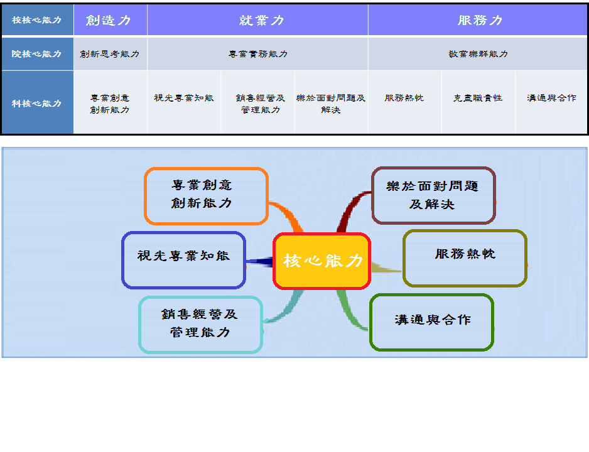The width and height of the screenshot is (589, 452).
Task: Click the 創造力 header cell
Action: click(x=111, y=20)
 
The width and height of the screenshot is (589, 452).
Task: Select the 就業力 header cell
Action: click(x=257, y=20)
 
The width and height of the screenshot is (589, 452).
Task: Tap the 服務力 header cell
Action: click(x=478, y=20)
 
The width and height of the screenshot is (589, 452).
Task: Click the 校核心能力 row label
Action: click(x=37, y=20)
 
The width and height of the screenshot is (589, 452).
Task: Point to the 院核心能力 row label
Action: click(x=37, y=54)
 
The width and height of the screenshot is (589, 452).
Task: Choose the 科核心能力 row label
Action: click(x=37, y=102)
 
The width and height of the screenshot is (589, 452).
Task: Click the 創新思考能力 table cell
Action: click(x=111, y=54)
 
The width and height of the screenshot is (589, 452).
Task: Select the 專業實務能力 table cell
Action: click(x=257, y=54)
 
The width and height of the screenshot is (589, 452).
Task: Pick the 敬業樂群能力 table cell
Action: click(x=478, y=54)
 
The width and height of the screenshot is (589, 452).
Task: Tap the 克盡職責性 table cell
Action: click(x=478, y=102)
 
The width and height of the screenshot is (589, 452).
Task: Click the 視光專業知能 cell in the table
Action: click(x=184, y=102)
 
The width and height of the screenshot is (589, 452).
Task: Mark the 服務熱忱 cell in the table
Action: click(x=404, y=102)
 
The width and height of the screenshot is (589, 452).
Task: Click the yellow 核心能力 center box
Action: click(x=322, y=261)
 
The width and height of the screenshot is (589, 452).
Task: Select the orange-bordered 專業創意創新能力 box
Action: click(x=206, y=196)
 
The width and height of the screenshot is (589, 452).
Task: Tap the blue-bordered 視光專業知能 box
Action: click(x=184, y=260)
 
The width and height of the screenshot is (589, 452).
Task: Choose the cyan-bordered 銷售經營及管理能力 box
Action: click(x=200, y=325)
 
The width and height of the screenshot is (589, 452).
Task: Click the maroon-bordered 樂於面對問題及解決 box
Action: click(x=433, y=195)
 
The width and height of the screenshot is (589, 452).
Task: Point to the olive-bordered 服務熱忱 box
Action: click(x=465, y=258)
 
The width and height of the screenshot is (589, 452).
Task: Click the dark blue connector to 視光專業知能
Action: click(x=259, y=262)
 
